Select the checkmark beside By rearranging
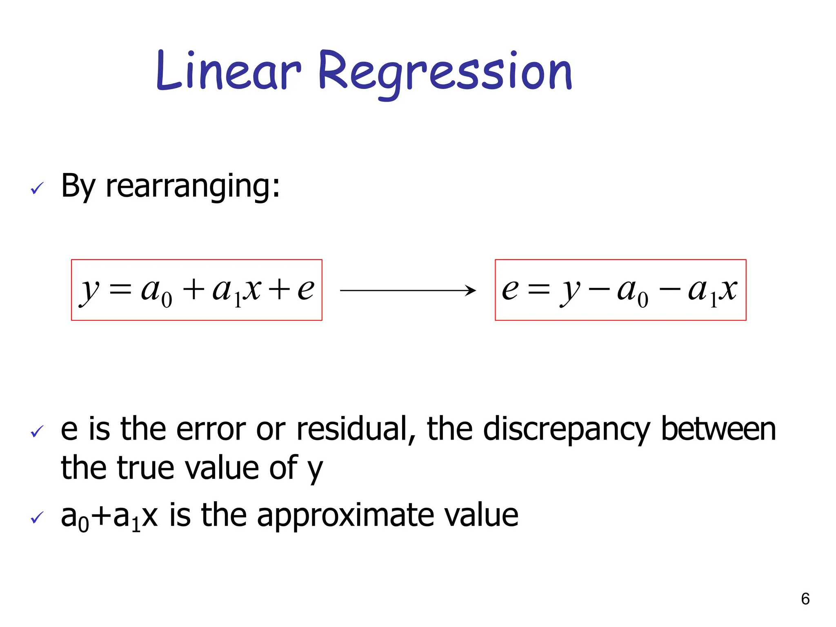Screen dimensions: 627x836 37,188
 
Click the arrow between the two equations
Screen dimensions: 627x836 408,290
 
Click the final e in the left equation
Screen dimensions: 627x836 306,289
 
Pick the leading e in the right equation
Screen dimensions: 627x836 510,289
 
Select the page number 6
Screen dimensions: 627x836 805,599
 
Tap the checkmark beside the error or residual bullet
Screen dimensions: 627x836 37,431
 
